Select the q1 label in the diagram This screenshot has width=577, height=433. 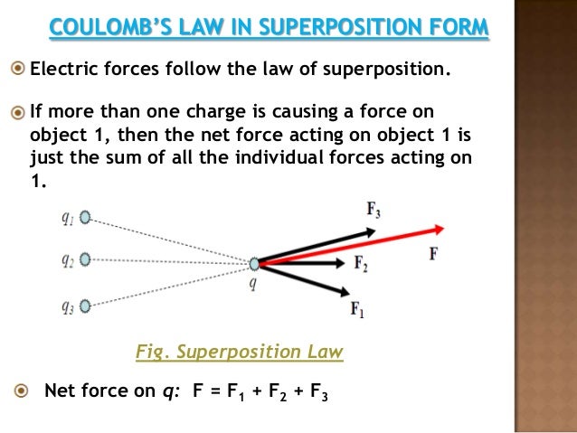67,217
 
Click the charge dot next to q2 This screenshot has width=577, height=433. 85,259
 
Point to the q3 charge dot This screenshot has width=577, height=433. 85,306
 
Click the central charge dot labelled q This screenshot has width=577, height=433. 254,264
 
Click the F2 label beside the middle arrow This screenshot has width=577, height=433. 360,265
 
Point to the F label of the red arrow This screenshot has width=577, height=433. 433,254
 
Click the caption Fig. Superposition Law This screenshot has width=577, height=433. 239,352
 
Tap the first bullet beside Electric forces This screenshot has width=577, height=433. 19,67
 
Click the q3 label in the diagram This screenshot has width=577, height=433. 67,306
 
